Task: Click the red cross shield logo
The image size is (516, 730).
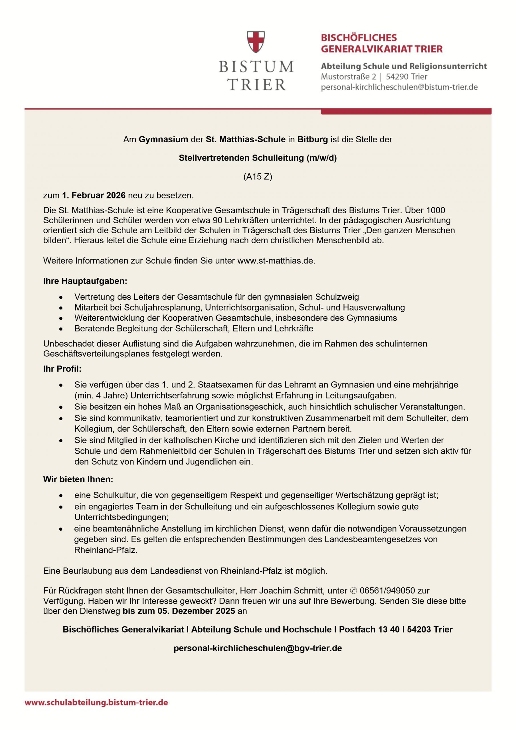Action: (256, 42)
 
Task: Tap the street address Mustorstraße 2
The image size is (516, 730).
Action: (348, 77)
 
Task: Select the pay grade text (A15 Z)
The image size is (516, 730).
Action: (258, 177)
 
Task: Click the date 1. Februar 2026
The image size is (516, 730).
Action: (94, 195)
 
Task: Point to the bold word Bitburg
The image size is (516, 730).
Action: (312, 139)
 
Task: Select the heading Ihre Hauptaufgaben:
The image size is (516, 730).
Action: (85, 281)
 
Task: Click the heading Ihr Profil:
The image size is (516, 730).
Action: (62, 369)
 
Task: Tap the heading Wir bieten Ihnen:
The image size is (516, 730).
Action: (78, 479)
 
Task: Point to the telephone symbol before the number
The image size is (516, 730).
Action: (353, 591)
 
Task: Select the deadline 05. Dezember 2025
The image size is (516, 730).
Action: (196, 611)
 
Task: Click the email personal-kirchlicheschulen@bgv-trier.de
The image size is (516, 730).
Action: (258, 648)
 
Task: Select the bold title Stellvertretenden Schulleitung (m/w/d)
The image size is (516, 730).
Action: (258, 158)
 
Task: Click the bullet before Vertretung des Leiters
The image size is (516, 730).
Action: (61, 297)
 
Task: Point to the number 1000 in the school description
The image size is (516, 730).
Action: (436, 210)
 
